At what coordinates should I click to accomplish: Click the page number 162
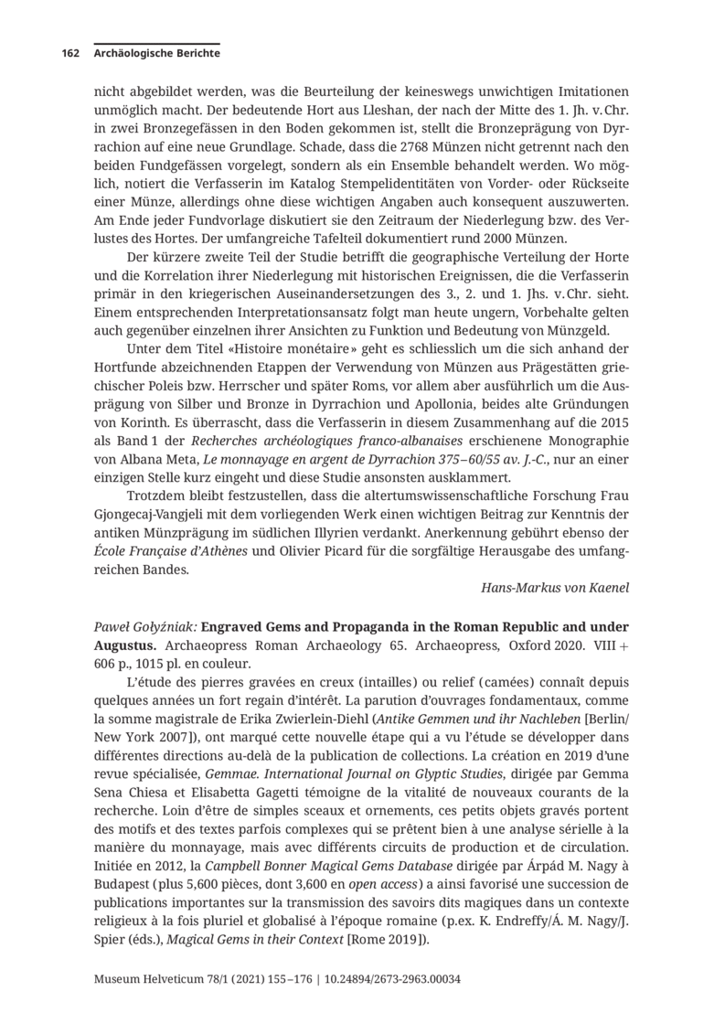pos(70,53)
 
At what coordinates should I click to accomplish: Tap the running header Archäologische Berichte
pos(156,53)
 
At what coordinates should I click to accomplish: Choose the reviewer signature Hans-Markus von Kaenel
pos(555,588)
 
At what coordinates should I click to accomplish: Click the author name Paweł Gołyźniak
pos(144,627)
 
